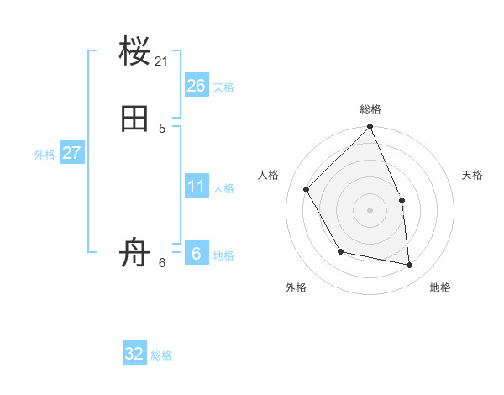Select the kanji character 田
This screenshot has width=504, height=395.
click(x=135, y=118)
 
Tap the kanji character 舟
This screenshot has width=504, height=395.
click(x=135, y=253)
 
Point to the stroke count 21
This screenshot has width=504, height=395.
click(x=162, y=61)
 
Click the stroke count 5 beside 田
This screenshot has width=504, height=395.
click(x=162, y=128)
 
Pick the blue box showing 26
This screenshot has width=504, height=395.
click(x=197, y=85)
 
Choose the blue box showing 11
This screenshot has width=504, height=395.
click(x=197, y=186)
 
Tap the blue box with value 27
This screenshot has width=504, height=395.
click(x=71, y=153)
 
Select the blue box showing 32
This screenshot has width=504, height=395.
click(x=134, y=354)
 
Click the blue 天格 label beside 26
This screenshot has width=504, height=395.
click(x=223, y=87)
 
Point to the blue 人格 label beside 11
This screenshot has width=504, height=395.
click(x=223, y=188)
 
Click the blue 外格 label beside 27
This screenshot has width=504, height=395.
click(x=45, y=155)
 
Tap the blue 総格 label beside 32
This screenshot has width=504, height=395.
click(x=161, y=356)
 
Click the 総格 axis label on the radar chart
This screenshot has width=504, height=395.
click(x=370, y=109)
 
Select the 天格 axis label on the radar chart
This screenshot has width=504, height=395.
click(x=473, y=175)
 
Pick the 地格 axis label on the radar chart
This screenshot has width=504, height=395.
click(x=440, y=287)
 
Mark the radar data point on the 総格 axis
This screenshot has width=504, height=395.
click(x=370, y=127)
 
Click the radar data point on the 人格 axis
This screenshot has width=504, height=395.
click(x=307, y=189)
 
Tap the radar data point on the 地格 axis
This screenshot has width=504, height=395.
click(x=410, y=265)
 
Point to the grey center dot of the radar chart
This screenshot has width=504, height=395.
click(x=370, y=210)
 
